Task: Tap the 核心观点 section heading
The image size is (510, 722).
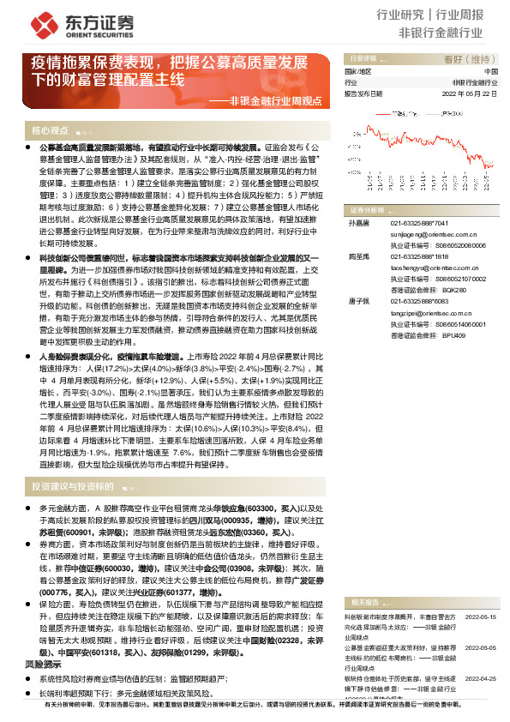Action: click(51, 130)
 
